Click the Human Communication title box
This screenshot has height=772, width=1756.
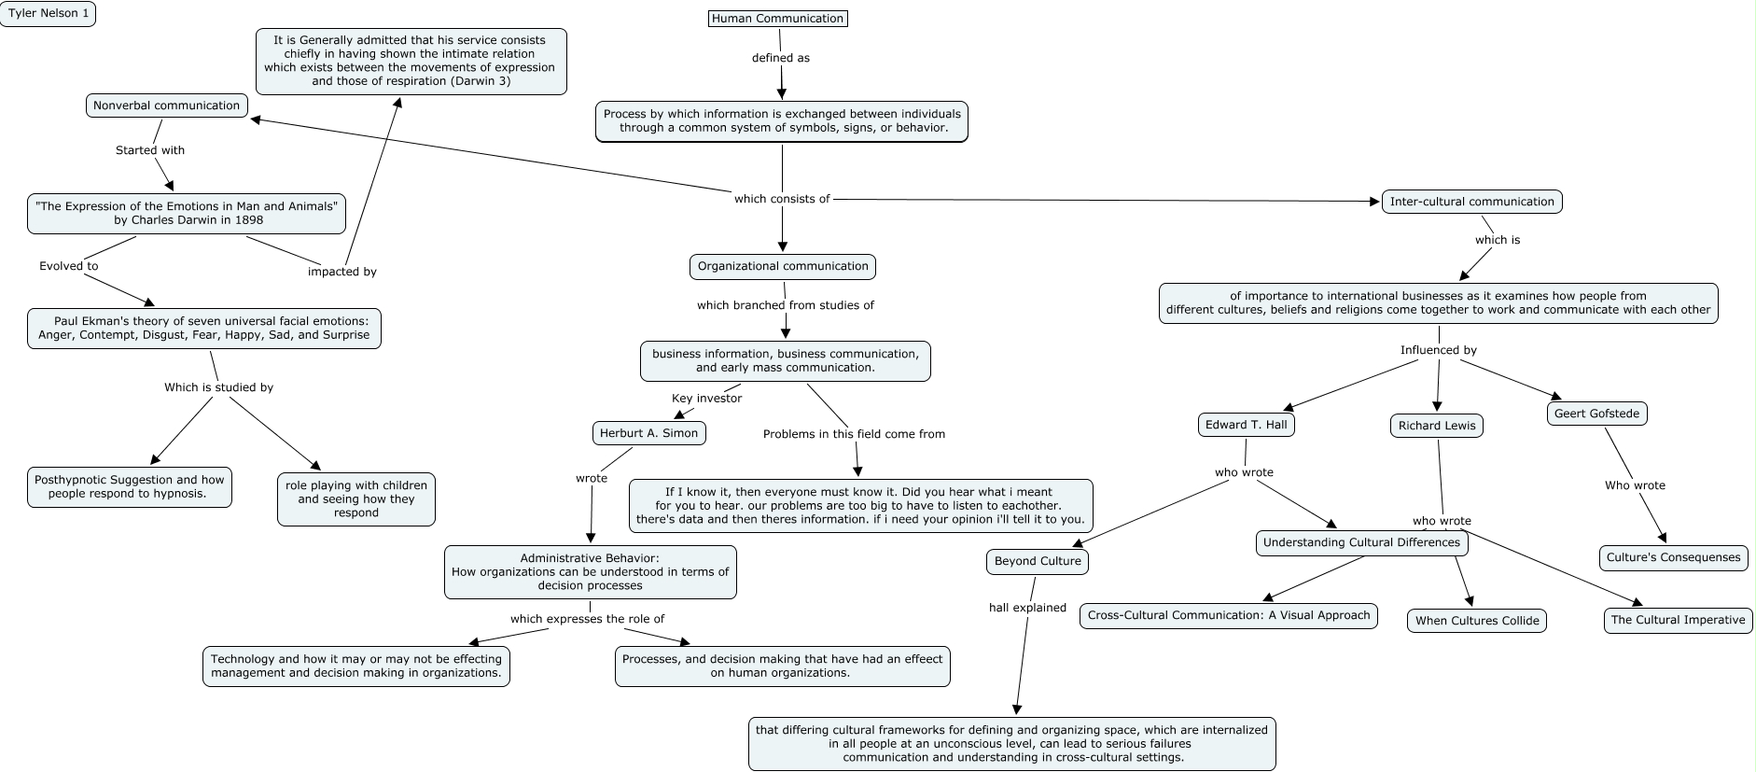click(778, 18)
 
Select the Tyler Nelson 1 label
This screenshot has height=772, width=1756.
click(48, 14)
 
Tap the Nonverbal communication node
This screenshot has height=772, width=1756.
click(167, 105)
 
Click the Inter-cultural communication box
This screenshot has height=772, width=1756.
click(1471, 202)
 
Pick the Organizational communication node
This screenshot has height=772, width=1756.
click(783, 266)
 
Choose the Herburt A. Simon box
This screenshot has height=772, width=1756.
click(648, 433)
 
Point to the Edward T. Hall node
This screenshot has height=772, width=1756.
click(1246, 425)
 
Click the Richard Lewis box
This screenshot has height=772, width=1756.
click(1437, 426)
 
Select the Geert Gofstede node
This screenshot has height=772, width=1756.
click(1597, 414)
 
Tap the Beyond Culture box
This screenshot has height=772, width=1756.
click(1038, 561)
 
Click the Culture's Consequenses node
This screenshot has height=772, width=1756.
click(1673, 557)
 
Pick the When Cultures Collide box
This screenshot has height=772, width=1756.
click(1477, 621)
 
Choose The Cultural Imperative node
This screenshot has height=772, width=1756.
click(1678, 620)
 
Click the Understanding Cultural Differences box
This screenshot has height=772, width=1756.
click(1361, 543)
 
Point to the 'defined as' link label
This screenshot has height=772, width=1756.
click(781, 58)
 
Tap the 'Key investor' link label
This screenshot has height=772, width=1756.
click(707, 399)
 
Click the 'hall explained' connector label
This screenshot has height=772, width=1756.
click(1027, 608)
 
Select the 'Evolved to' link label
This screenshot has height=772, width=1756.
click(69, 266)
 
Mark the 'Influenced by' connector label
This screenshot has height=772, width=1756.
click(1439, 350)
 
